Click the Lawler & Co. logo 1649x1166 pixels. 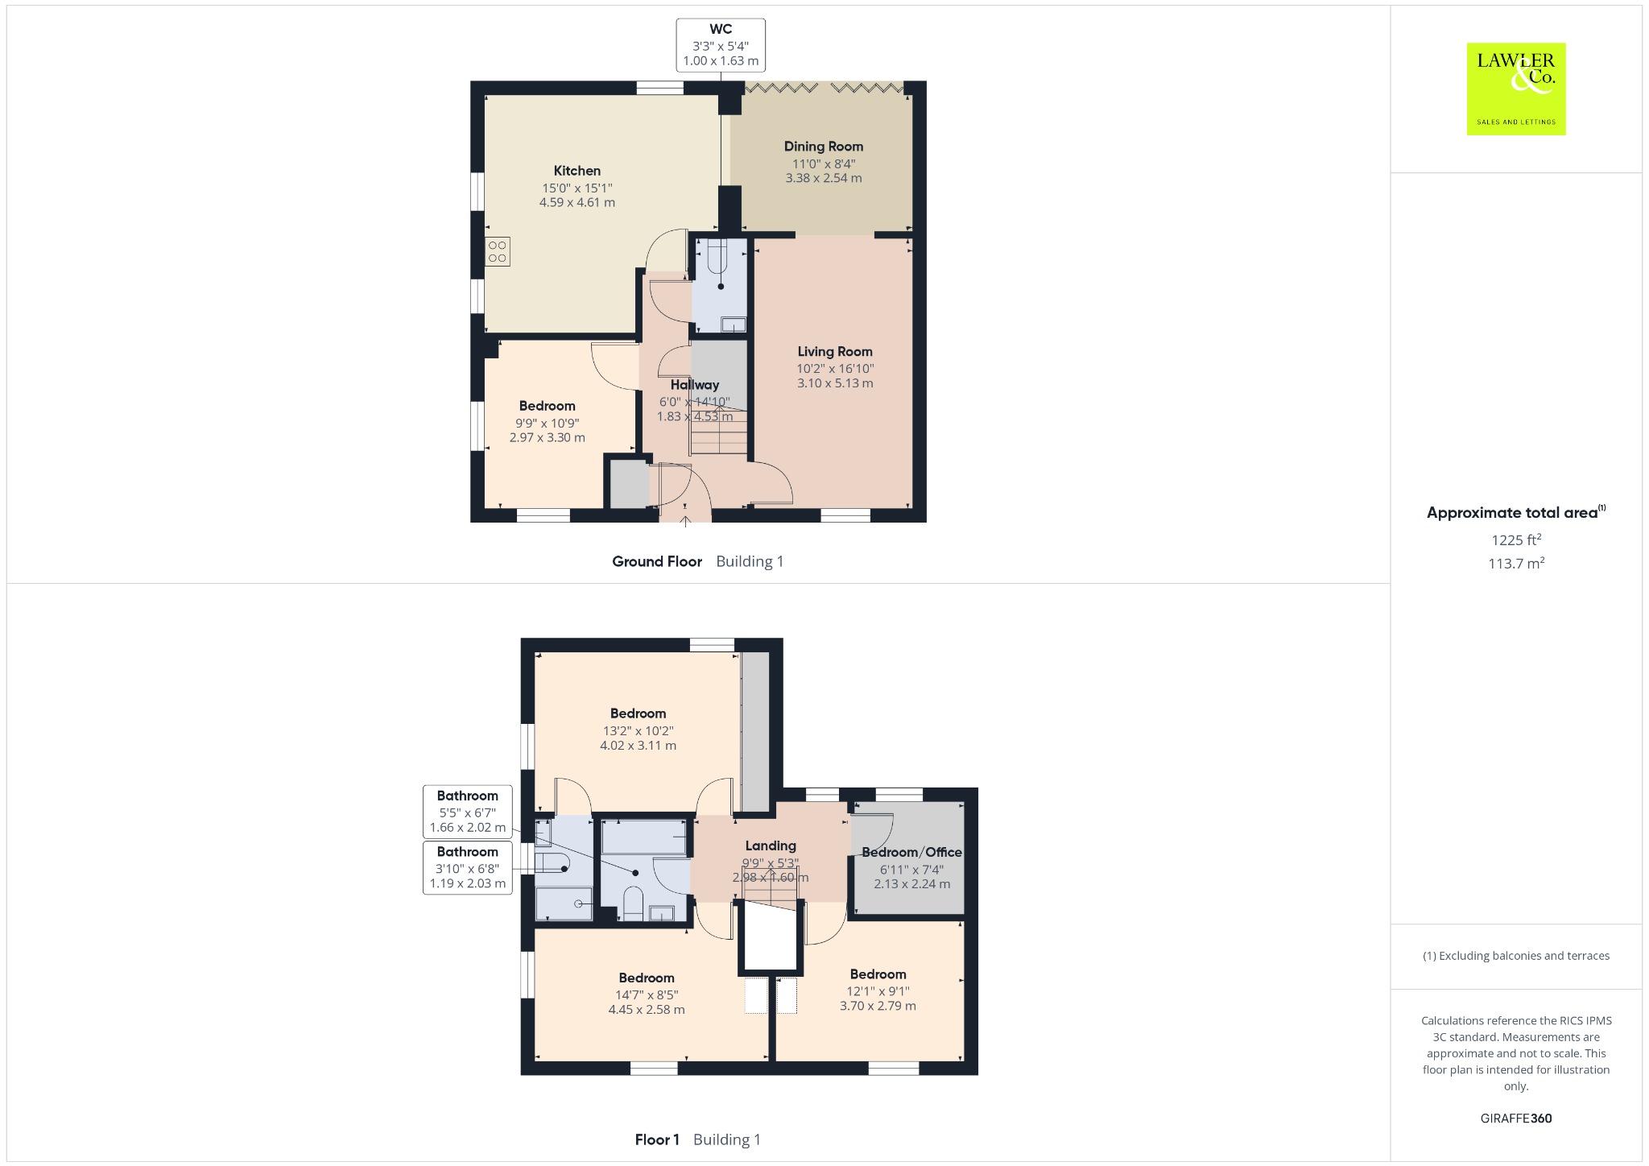coord(1515,89)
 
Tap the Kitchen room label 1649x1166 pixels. coord(577,171)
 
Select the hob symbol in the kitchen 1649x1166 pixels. coord(498,251)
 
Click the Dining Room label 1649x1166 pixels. coord(824,147)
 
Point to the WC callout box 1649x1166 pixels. coord(721,45)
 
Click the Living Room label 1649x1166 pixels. coord(835,351)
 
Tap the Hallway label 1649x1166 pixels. coord(695,385)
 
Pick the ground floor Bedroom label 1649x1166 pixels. coord(548,406)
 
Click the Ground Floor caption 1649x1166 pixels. coord(657,561)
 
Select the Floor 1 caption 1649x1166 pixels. coord(657,1139)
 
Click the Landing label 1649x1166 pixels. coord(771,846)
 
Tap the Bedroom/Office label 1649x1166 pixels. coord(912,852)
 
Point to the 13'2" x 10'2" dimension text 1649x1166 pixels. coord(639,731)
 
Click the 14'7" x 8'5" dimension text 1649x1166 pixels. coord(647,995)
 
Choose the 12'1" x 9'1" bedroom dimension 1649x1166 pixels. coord(878,991)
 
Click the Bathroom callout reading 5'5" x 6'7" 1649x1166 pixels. coord(468,812)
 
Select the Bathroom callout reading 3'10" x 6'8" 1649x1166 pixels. coord(468,867)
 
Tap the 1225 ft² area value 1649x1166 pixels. coord(1516,540)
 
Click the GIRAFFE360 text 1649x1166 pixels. coord(1516,1118)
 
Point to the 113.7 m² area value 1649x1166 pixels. coord(1516,563)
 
